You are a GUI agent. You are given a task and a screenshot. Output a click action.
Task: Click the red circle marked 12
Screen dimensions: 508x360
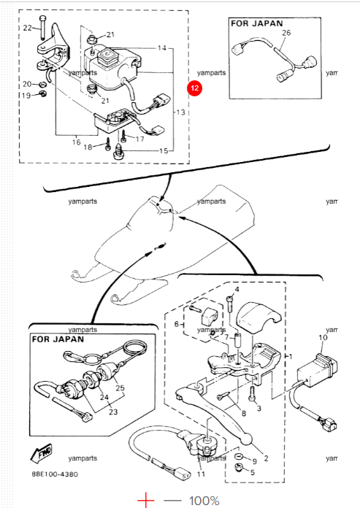tap(194, 88)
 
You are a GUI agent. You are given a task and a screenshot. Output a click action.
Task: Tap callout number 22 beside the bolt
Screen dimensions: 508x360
tap(27, 28)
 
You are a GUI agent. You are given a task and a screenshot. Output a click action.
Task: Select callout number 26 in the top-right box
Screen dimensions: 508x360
tap(286, 34)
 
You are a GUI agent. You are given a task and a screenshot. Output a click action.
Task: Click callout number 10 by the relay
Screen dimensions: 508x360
tap(323, 339)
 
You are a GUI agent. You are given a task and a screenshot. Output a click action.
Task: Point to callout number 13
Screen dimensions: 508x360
tap(180, 114)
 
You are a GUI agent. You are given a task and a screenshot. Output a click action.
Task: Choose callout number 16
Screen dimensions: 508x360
tap(76, 142)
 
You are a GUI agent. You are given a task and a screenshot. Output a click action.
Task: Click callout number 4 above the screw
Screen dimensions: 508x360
tap(236, 290)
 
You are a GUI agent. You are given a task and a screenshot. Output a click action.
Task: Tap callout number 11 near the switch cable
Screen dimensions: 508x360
tap(201, 474)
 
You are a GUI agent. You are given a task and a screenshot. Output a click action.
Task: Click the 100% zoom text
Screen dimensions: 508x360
tap(204, 501)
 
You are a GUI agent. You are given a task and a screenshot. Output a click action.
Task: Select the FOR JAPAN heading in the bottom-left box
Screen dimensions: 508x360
tap(58, 339)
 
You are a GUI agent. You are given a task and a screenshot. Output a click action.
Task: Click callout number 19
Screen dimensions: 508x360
tap(26, 96)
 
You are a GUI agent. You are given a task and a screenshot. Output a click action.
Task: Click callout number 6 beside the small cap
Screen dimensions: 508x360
tap(176, 323)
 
